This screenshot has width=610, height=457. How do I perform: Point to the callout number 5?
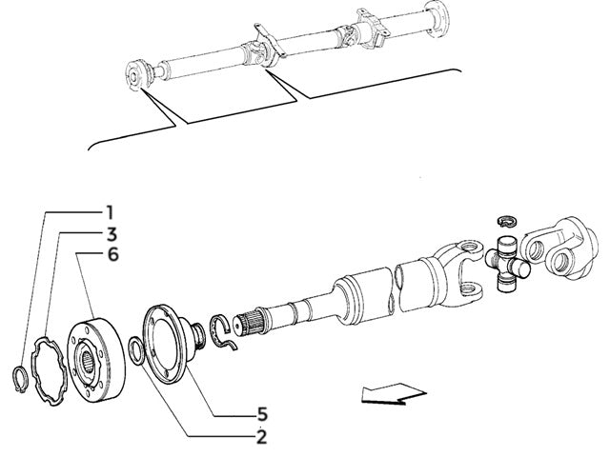[260, 414]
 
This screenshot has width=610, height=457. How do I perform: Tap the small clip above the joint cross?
[507, 222]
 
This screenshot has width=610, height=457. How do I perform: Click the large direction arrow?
[393, 393]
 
